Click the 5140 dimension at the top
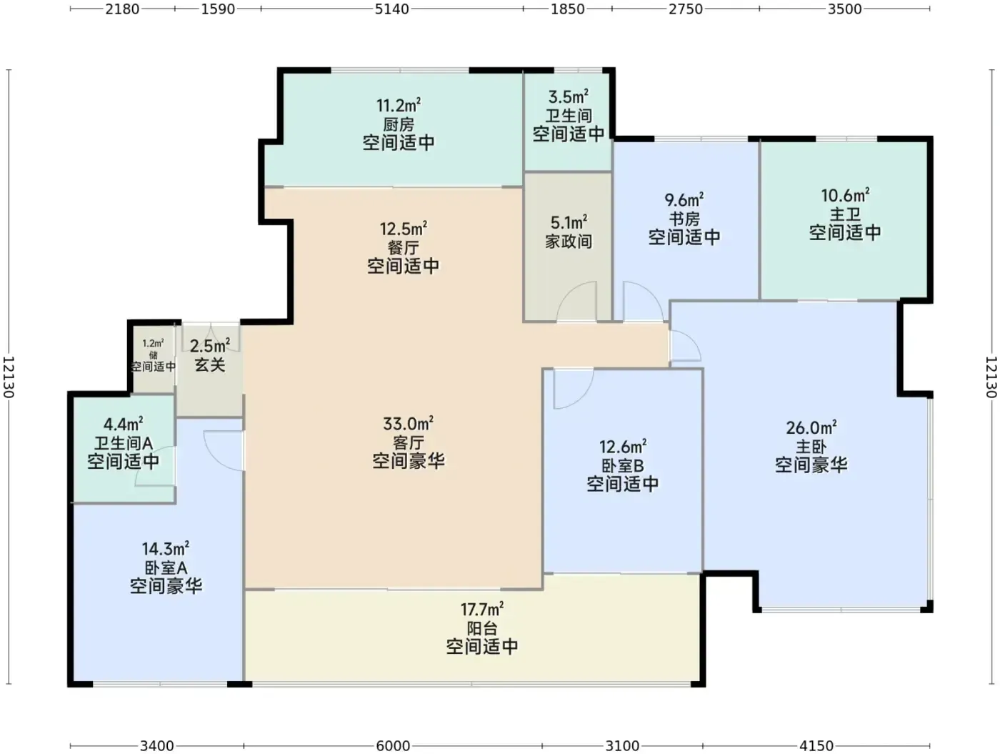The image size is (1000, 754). (x=391, y=9)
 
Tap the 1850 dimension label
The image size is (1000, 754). (x=567, y=9)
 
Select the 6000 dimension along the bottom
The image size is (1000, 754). (x=393, y=746)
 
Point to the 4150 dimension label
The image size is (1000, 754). (x=816, y=746)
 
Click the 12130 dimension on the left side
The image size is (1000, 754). (x=9, y=377)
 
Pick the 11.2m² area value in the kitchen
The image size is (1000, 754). (x=398, y=105)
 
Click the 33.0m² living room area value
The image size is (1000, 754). (x=408, y=424)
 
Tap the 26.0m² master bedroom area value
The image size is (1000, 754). (x=811, y=427)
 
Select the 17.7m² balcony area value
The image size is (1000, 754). (x=481, y=609)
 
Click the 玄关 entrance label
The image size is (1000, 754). (x=210, y=364)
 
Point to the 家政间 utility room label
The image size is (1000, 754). (x=569, y=241)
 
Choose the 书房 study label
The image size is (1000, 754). (x=684, y=219)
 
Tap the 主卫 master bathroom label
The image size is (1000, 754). (x=845, y=214)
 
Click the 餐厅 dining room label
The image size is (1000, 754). (x=403, y=247)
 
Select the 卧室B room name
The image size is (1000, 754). (x=622, y=465)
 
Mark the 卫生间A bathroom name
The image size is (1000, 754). (x=123, y=443)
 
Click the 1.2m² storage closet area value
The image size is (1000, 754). (x=153, y=343)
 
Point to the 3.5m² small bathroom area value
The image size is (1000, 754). (x=568, y=96)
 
